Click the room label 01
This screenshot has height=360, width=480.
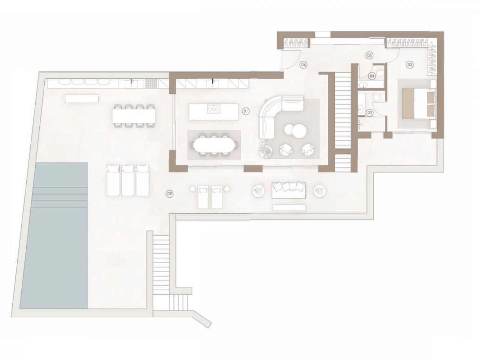tap(246, 111)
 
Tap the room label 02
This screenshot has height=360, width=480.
tap(409, 64)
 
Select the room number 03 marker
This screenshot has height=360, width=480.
tap(370, 113)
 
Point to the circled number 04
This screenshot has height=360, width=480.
tap(372, 76)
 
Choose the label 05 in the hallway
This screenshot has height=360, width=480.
tap(369, 55)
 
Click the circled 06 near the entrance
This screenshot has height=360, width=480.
tap(303, 64)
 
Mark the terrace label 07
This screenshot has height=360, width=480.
tap(169, 193)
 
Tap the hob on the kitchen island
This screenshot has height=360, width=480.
tap(213, 109)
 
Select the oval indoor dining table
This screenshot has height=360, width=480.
tap(214, 145)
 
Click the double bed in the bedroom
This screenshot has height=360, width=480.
tap(416, 105)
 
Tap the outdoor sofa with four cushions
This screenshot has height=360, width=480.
tap(288, 190)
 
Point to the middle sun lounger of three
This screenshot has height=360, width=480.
tap(128, 180)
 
